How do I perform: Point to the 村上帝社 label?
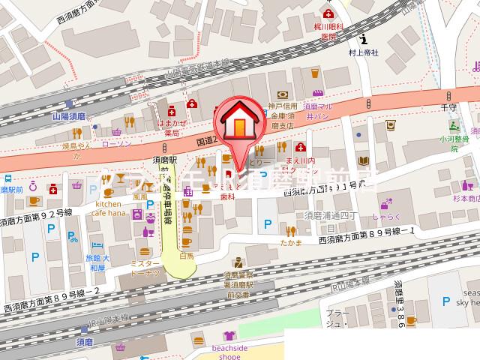click(364, 53)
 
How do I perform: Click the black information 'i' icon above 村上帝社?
click(364, 39)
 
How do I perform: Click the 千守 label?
click(449, 108)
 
